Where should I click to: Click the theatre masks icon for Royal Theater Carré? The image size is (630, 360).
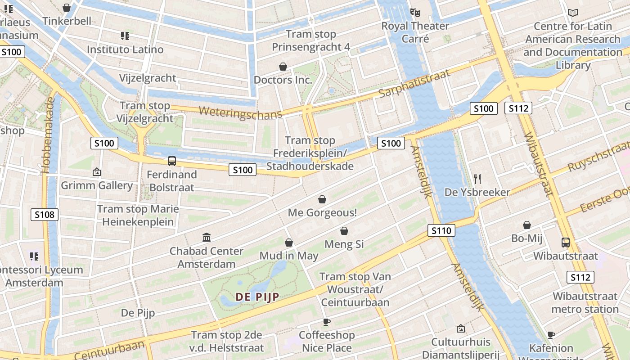click(x=415, y=13)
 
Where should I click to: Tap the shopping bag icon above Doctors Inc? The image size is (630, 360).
click(x=283, y=67)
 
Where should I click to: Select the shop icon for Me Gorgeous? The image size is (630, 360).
click(x=322, y=199)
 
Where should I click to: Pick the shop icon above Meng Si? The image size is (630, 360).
click(x=344, y=231)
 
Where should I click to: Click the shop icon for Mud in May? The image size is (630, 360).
click(x=289, y=243)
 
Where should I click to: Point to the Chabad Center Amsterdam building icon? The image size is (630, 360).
click(x=207, y=237)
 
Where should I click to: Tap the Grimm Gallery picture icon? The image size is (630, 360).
click(x=96, y=172)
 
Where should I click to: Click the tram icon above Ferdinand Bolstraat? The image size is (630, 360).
click(x=171, y=161)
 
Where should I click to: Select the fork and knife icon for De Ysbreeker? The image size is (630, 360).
click(x=477, y=179)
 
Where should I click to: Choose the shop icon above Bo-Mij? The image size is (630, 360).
click(x=527, y=225)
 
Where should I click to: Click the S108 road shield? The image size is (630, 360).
click(x=45, y=215)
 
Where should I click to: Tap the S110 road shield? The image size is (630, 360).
click(x=441, y=231)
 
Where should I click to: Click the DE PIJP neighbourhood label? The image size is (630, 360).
click(x=257, y=297)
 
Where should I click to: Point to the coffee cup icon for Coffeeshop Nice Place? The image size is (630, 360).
click(x=327, y=322)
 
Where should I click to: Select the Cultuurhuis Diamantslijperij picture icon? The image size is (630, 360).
click(x=460, y=329)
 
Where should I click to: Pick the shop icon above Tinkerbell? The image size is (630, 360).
click(x=67, y=8)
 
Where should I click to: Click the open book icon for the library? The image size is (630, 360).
click(x=573, y=13)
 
